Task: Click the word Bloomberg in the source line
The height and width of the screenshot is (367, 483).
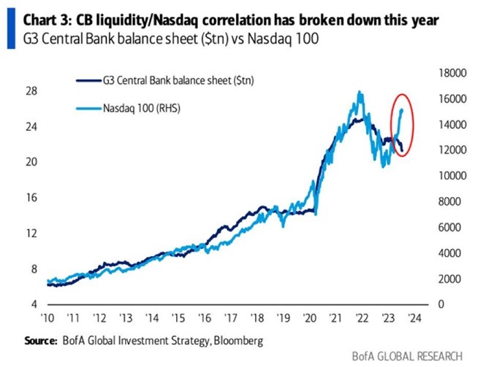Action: point(238,341)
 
